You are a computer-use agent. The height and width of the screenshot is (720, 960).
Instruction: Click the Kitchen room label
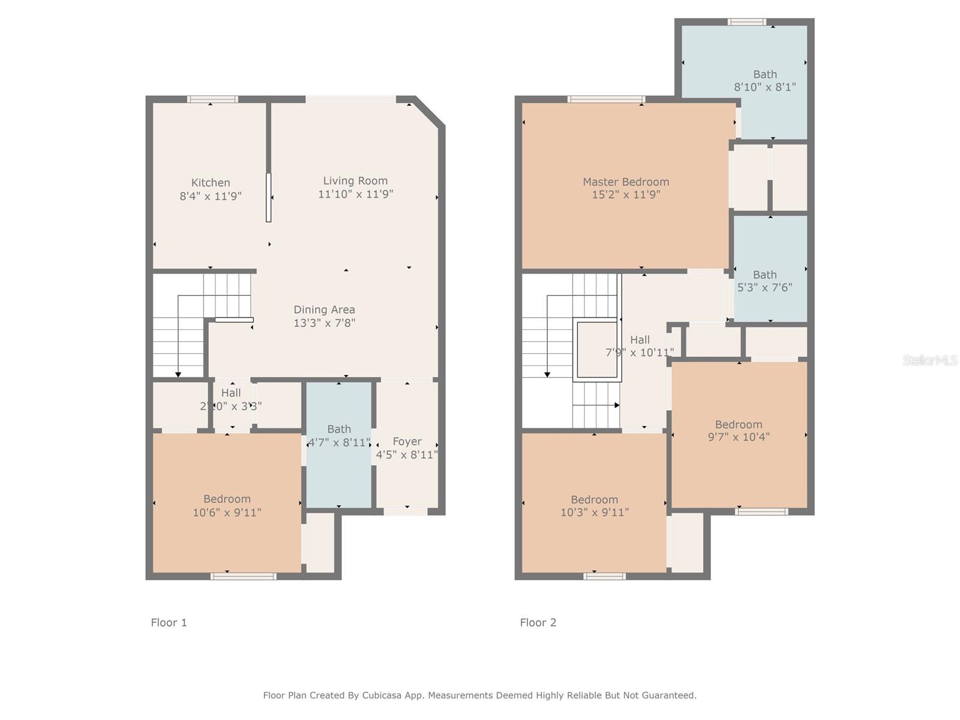[x=211, y=183]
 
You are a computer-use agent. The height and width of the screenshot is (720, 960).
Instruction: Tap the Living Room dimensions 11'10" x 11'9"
[x=356, y=194]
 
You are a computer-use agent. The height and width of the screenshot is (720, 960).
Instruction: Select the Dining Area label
[x=324, y=310]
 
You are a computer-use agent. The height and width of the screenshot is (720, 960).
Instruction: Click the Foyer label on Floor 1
[x=407, y=442]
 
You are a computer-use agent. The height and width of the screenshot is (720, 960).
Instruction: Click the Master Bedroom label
[x=626, y=182]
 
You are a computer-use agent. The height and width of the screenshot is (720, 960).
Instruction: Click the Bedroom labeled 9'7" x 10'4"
[x=739, y=424]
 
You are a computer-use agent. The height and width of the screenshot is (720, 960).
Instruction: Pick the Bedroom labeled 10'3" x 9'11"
[x=594, y=500]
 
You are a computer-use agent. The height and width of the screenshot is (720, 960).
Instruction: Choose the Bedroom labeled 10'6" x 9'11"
[x=227, y=499]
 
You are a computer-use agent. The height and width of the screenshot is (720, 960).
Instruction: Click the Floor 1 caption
[x=169, y=623]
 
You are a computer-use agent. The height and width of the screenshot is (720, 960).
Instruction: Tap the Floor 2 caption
[x=538, y=623]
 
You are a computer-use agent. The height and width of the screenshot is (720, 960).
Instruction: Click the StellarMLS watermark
[x=931, y=360]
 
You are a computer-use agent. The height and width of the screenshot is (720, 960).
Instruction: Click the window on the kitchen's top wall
[x=212, y=100]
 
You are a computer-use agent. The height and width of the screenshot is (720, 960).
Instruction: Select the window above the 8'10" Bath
[x=746, y=22]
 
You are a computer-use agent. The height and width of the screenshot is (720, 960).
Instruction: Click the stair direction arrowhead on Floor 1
[x=178, y=375]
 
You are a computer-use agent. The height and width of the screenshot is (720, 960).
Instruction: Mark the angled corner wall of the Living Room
[x=430, y=112]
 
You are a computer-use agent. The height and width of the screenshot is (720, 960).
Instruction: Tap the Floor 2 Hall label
[x=640, y=340]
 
